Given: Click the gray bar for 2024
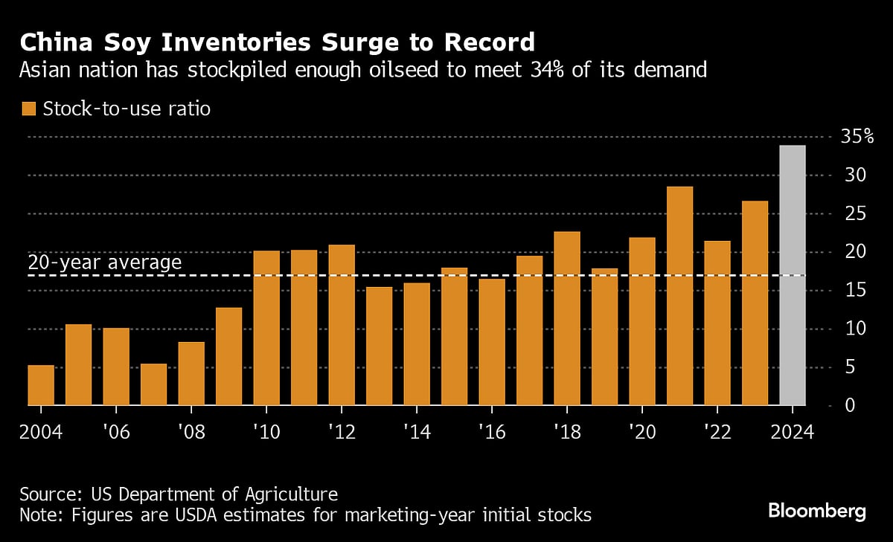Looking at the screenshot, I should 793,275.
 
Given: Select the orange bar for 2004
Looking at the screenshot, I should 41,385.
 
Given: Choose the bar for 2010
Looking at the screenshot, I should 266,328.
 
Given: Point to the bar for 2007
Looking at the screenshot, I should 153,384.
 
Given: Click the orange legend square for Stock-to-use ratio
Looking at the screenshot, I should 29,109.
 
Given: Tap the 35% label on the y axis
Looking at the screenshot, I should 857,137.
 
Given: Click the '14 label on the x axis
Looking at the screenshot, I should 417,431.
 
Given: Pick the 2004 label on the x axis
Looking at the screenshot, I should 41,431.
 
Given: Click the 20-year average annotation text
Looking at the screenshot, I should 104,262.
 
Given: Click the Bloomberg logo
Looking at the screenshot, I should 817,511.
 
